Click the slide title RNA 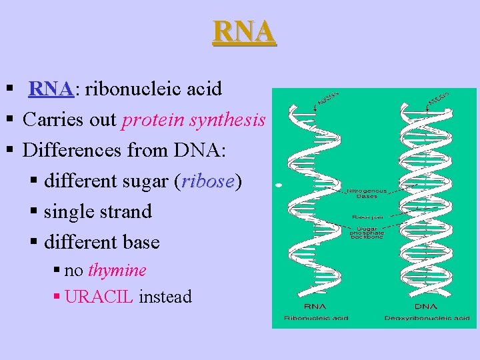(244, 32)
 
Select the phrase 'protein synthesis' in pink (194, 120)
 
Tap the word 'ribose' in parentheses (207, 181)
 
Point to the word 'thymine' (117, 270)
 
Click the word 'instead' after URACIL (166, 297)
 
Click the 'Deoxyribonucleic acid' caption (427, 319)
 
